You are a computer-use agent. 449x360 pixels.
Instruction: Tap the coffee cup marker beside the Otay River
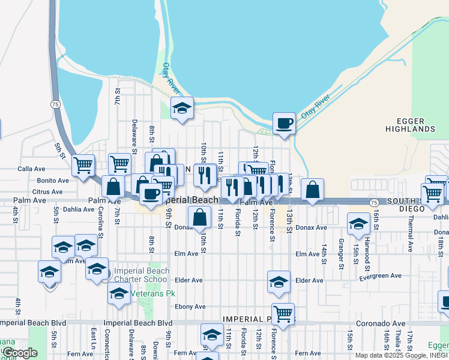tap(284, 124)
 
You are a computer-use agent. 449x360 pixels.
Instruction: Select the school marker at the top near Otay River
tap(182, 109)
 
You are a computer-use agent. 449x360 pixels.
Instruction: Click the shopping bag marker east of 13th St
tap(312, 190)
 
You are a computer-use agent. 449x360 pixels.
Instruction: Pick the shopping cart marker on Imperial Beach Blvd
tap(283, 313)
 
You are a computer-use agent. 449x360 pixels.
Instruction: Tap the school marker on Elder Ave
tap(279, 282)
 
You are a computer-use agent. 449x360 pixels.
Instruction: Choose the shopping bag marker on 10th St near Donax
tap(200, 217)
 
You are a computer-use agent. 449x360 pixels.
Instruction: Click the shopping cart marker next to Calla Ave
tap(83, 165)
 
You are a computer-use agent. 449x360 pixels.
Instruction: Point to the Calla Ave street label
tap(31, 169)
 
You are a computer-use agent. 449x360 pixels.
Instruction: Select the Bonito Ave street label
tap(53, 181)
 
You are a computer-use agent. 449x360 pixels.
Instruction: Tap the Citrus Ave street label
tap(49, 191)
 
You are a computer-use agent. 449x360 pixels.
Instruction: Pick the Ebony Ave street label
tap(190, 307)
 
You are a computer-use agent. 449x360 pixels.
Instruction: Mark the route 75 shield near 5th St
tap(55, 104)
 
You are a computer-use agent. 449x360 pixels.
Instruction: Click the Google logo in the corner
tap(20, 353)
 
